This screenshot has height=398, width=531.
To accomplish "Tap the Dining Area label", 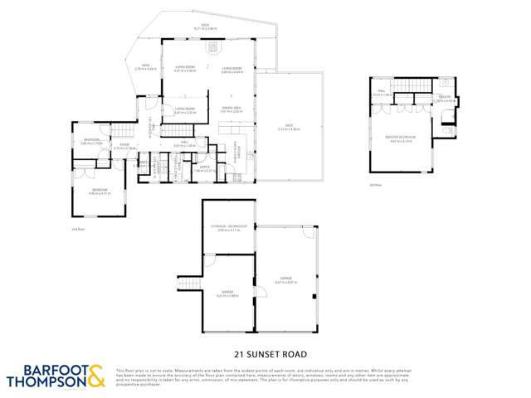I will [x=231, y=109].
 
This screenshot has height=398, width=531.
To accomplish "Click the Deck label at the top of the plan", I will [x=205, y=27].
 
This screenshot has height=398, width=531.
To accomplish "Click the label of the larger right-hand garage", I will [x=286, y=280].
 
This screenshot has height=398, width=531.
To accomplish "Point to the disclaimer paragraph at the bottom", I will [x=319, y=377].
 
